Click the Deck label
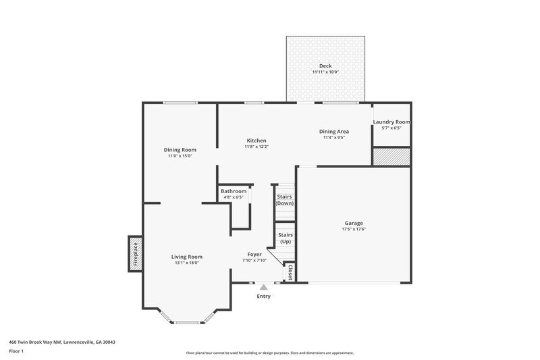pos(325,66)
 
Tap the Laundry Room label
pos(391,122)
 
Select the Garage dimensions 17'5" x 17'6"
pos(354,230)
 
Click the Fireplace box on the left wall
pos(134,253)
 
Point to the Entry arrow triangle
pos(263,287)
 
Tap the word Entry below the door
pos(263,297)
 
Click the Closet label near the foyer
pos(290,272)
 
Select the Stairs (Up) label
pos(285,238)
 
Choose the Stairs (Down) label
pos(285,200)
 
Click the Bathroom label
pos(234,192)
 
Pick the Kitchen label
pos(256,140)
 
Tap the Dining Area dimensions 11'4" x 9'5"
pos(333,138)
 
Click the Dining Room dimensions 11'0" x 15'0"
pos(180,156)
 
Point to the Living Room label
pos(186,257)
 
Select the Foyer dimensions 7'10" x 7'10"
pos(254,261)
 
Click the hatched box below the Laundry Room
pos(391,156)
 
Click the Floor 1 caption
pos(17,351)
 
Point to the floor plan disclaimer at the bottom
pos(270,353)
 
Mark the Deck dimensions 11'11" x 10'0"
pos(325,72)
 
